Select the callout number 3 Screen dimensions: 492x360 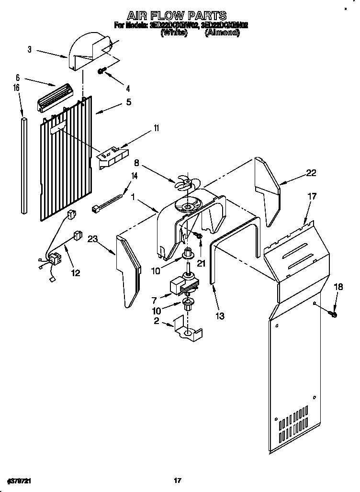coord(29,49)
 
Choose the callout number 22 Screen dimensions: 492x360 coord(311,173)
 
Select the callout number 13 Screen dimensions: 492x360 coord(220,316)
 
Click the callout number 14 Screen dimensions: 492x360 coord(135,176)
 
